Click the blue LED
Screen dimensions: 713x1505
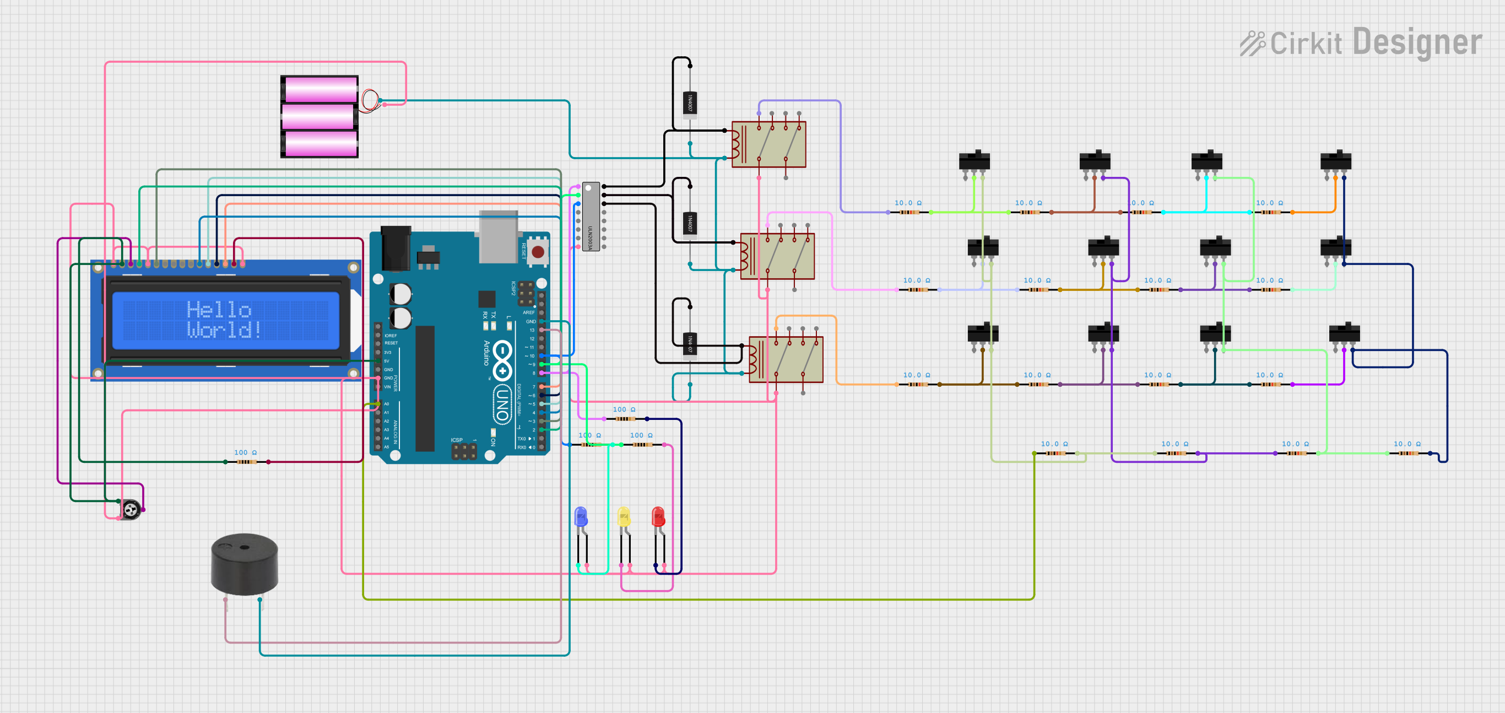(x=580, y=517)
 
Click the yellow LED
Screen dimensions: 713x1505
(x=624, y=517)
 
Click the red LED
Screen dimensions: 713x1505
(x=658, y=517)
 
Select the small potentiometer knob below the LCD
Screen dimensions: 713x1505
(x=131, y=510)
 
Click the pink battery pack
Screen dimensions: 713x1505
(x=320, y=116)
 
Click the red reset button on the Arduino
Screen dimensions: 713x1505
(x=538, y=252)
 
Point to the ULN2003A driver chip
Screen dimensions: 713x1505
(x=591, y=216)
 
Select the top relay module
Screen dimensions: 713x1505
(x=768, y=144)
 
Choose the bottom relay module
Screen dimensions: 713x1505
(x=786, y=359)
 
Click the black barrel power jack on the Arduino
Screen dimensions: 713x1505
(x=396, y=249)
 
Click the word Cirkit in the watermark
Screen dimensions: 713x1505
(x=1305, y=44)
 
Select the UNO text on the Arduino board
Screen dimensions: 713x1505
(x=501, y=403)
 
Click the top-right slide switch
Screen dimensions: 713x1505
(x=1335, y=161)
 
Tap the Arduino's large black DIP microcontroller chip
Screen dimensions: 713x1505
(x=425, y=388)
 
